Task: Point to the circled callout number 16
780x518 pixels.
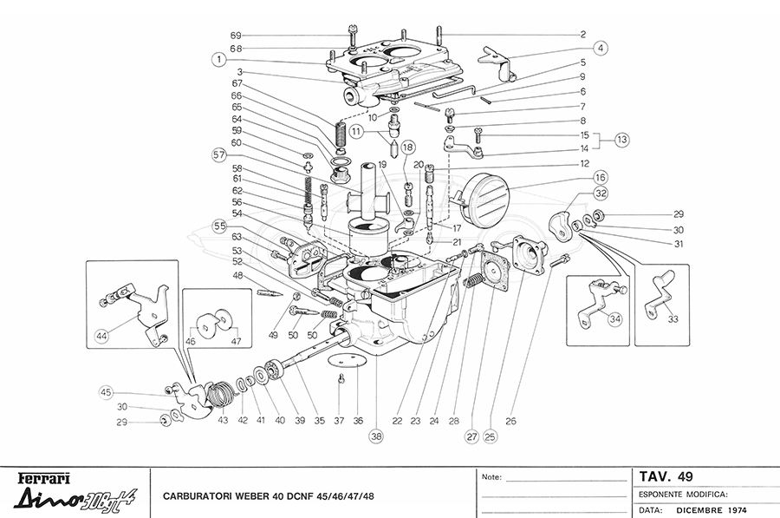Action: tap(600, 176)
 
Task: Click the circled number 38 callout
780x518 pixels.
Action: tap(375, 437)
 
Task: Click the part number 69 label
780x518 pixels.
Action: tap(235, 35)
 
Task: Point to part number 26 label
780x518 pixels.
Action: tap(510, 422)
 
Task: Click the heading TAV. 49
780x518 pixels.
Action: tap(666, 475)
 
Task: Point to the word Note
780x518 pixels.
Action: tap(491, 477)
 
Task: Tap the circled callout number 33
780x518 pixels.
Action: tap(673, 318)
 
